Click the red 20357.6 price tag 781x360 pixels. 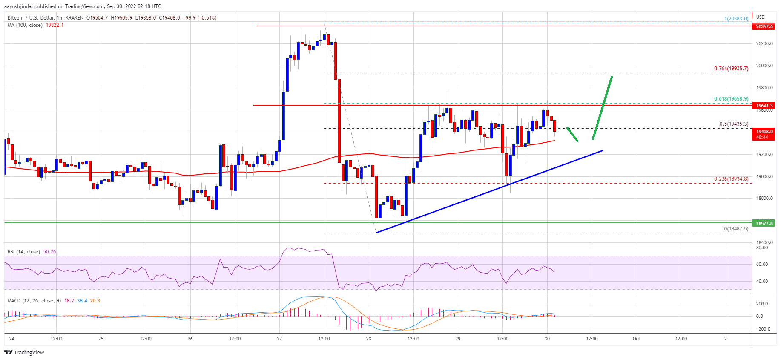coord(764,26)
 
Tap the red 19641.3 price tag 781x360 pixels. coord(764,106)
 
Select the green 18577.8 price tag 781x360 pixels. coord(764,223)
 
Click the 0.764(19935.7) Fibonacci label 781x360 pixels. coord(731,69)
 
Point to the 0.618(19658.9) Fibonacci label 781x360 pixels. coord(731,99)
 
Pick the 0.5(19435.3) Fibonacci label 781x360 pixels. coord(733,124)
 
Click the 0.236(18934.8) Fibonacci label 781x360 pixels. coord(731,179)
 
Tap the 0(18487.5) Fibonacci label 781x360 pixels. coord(735,229)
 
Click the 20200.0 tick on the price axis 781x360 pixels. coord(764,43)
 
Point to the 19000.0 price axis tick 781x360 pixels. coord(764,176)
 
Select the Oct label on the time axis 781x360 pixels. coord(636,339)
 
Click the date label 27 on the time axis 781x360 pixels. coord(279,339)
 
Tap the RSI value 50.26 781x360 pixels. coord(50,252)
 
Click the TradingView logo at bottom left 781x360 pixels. coord(24,352)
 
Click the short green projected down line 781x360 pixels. coord(572,134)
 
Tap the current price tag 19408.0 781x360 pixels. coord(764,134)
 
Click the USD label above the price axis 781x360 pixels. coord(760,17)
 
